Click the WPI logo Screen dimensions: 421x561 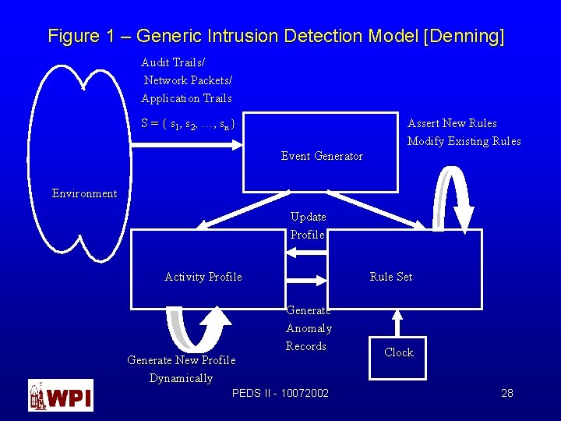pos(61,394)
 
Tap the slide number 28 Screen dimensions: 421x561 pos(506,393)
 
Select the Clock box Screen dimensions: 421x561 pos(398,352)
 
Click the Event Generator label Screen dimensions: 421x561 pos(322,156)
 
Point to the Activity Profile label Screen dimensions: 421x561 pos(203,277)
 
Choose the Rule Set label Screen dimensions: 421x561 pos(391,277)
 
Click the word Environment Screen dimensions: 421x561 pos(84,193)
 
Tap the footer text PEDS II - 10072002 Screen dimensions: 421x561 pos(280,393)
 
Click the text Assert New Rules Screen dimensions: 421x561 pos(452,123)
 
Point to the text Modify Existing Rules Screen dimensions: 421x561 pos(464,141)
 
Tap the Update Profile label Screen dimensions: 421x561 pos(308,225)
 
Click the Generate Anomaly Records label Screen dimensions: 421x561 pos(309,328)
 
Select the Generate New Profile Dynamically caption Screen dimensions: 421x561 pos(181,369)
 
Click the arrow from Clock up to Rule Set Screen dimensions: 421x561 pos(397,323)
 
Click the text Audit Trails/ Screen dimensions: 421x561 pos(173,62)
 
